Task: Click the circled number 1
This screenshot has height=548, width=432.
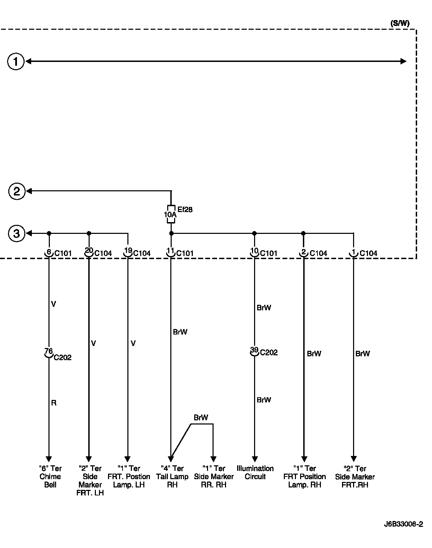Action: tap(16, 62)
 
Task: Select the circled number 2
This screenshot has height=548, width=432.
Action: tap(17, 191)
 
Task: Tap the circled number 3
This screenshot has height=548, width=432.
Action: tap(17, 234)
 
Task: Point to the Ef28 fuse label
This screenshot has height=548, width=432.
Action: tap(185, 209)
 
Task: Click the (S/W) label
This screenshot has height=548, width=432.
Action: tap(399, 24)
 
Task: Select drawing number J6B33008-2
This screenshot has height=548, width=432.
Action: tap(403, 524)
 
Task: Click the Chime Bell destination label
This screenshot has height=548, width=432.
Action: tap(50, 476)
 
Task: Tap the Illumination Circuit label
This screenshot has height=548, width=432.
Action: tap(255, 473)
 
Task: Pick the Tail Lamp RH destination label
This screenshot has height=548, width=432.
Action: tap(172, 476)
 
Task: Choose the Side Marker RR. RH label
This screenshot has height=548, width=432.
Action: tap(214, 476)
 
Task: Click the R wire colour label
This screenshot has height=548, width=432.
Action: tap(54, 403)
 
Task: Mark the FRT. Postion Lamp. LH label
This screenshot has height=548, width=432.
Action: tap(129, 476)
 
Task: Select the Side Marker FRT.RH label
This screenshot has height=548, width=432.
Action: tap(355, 476)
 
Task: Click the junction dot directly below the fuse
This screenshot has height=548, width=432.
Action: tap(171, 234)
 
